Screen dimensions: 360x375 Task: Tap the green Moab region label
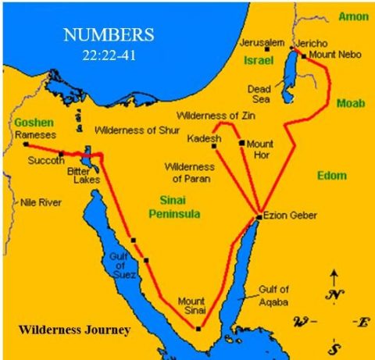pos(348,103)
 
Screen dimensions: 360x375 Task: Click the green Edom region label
pos(331,176)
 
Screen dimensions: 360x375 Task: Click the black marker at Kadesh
pos(214,145)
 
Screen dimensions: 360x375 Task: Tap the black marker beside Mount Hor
pos(241,143)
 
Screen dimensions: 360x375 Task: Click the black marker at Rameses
pos(26,144)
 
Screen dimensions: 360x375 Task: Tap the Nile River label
pos(41,202)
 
